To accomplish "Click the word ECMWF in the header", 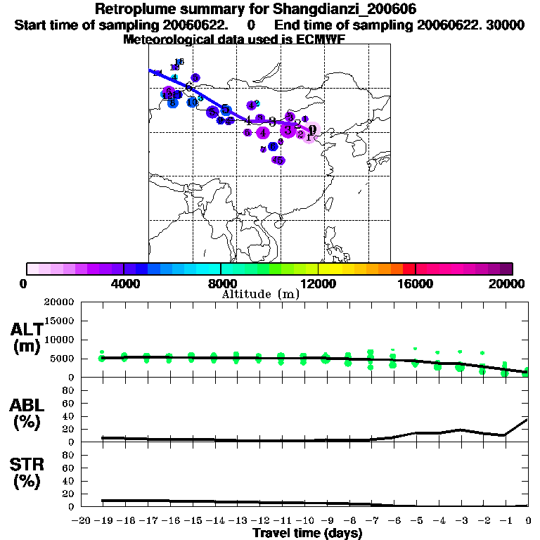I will [321, 39].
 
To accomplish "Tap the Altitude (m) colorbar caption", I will [260, 294].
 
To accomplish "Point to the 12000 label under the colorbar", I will [318, 283].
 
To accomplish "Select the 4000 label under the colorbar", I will [124, 283].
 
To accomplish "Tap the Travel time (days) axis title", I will [307, 534].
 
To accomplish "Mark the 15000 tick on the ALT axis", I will [59, 321].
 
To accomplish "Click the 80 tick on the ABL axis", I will [69, 390].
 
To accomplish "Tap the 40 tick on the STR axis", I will [69, 481].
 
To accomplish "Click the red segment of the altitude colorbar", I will [409, 269].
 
